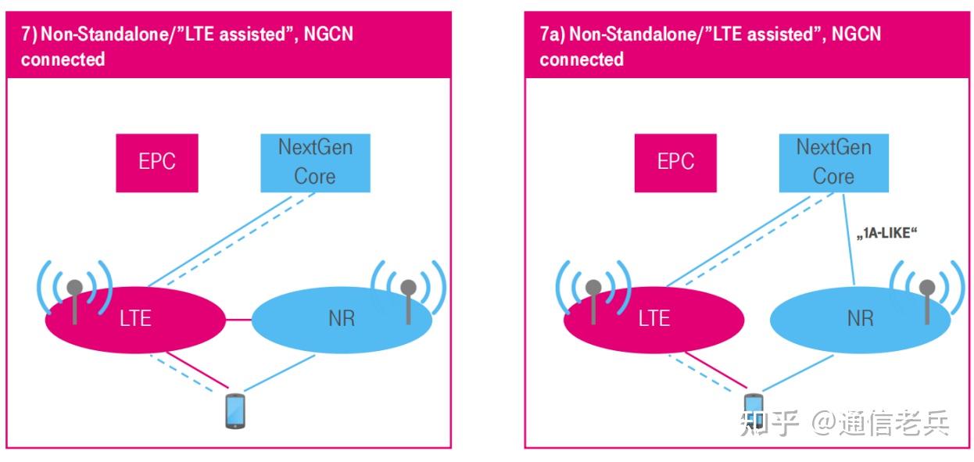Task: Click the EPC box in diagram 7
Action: tap(156, 162)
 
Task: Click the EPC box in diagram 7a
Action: tap(675, 162)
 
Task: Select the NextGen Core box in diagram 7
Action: tap(315, 162)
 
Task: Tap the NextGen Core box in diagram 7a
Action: tap(833, 162)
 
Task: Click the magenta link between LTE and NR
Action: tap(238, 319)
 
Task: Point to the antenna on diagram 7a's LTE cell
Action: tap(593, 299)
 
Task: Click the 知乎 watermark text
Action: tap(771, 423)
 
